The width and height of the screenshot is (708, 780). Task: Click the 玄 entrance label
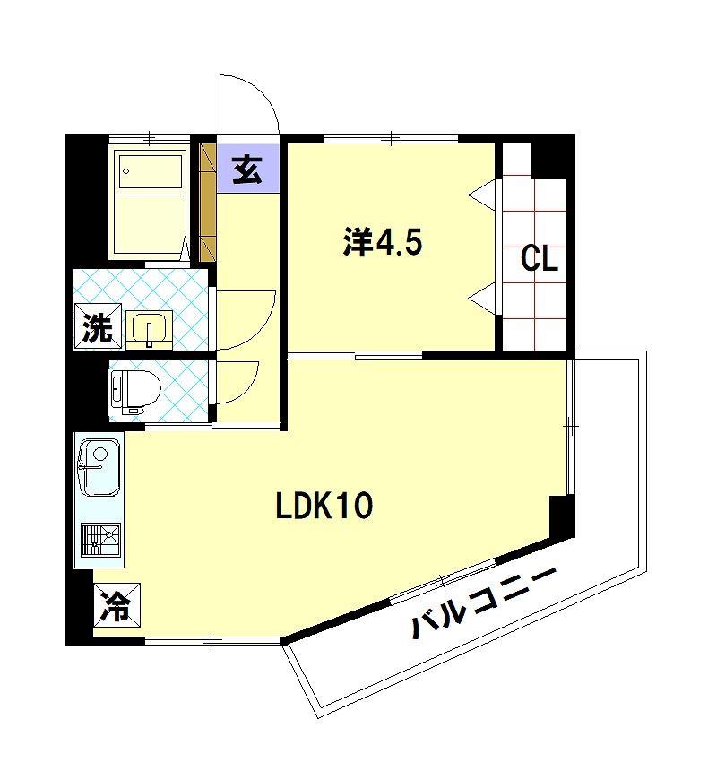coord(247,169)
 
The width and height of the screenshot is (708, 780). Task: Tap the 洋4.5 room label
coord(382,242)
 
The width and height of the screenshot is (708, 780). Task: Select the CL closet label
coord(540,260)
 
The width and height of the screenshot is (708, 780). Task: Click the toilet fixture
coord(134,391)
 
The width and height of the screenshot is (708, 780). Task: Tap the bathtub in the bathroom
coord(150,202)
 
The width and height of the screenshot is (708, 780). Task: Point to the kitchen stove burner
coord(101,539)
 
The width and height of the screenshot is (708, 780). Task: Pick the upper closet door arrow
coord(483,192)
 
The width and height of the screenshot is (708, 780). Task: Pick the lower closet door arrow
coord(483,296)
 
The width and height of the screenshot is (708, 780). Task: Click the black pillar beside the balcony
coord(560,516)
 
